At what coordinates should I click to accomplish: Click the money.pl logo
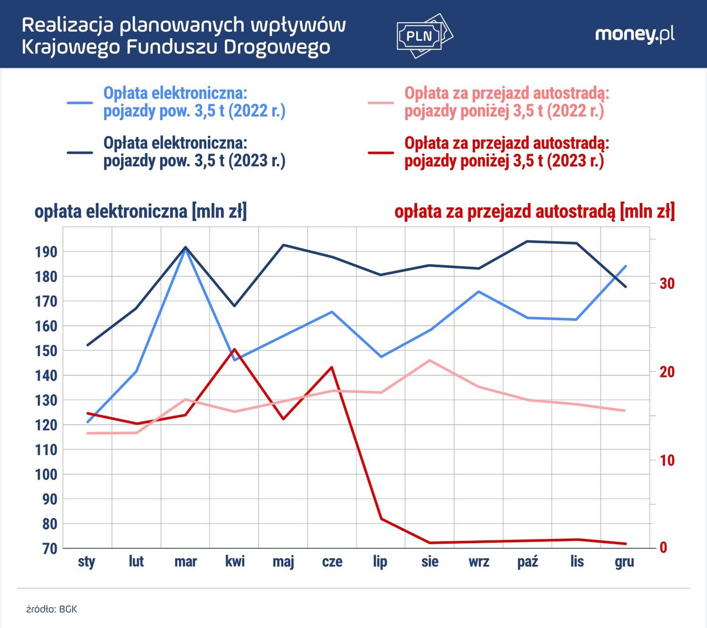tap(634, 34)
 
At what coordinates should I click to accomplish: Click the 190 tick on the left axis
tap(46, 252)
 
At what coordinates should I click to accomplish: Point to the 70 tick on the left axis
tap(46, 548)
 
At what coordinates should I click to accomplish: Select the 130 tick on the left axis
tap(46, 400)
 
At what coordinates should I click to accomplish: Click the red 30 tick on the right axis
tap(667, 284)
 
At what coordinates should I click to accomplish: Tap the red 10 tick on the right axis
tap(667, 460)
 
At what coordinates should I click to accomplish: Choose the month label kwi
tap(235, 562)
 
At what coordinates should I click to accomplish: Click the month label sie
tap(430, 562)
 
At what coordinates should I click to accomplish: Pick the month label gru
tap(625, 562)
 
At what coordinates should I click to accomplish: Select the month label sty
tap(87, 562)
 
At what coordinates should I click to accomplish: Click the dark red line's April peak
tap(234, 350)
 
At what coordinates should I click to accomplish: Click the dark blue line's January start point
tap(88, 345)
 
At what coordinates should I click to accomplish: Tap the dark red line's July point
tap(381, 519)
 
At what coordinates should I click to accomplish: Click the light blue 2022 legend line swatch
tap(80, 102)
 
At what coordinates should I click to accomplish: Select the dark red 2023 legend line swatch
tap(381, 153)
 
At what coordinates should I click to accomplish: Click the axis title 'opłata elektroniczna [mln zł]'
tap(140, 212)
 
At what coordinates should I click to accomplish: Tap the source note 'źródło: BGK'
tap(51, 609)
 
